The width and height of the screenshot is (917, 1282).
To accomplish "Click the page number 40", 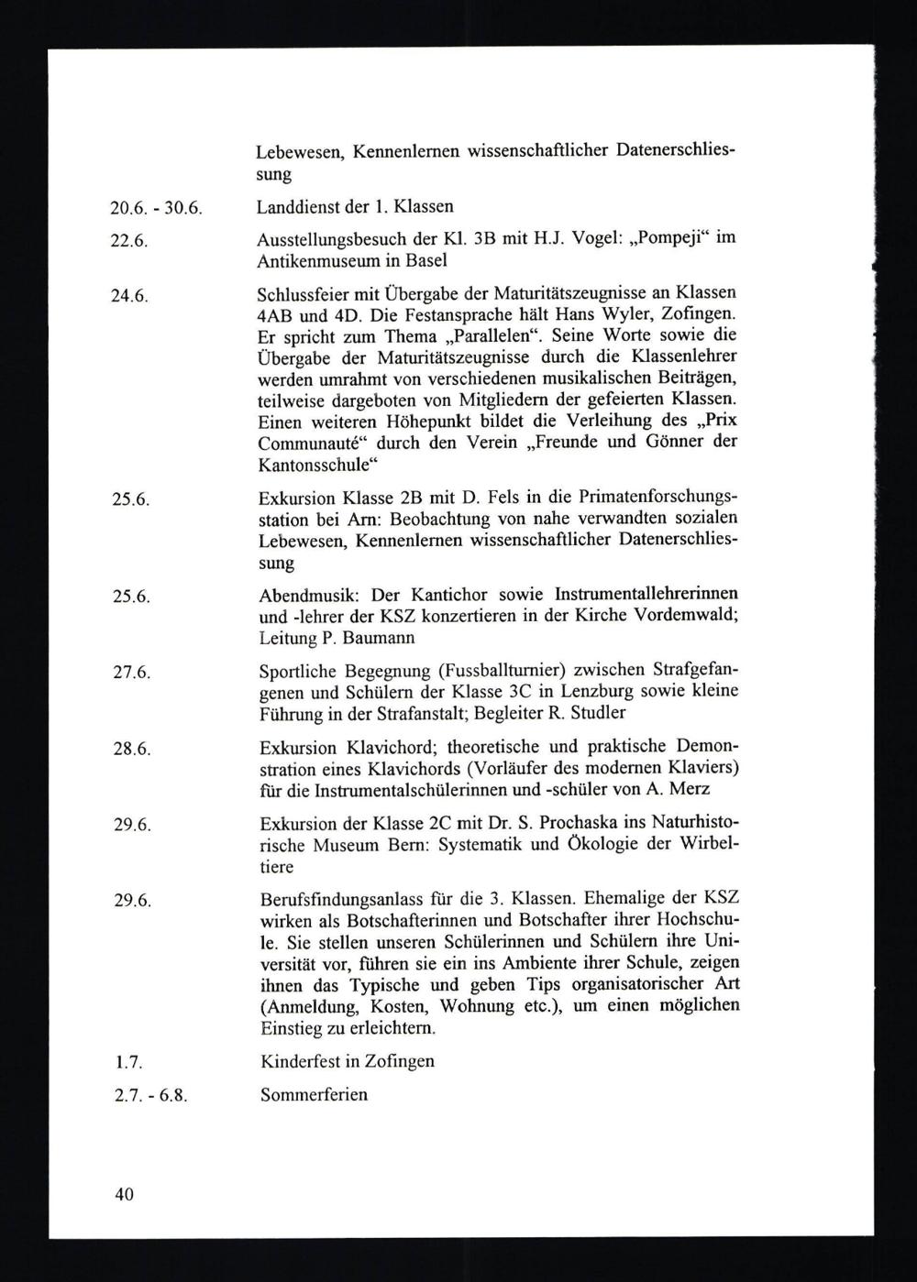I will click(124, 1195).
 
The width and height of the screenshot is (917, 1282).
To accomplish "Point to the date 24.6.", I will click(130, 296).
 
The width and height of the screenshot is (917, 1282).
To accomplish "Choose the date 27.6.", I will click(131, 673).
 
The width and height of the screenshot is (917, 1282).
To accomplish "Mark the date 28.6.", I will click(131, 749).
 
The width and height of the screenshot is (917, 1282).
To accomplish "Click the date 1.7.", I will click(126, 1063).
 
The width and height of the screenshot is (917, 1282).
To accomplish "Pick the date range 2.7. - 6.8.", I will click(150, 1096).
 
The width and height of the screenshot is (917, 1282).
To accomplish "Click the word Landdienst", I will click(295, 206).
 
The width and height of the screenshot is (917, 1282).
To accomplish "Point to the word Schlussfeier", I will click(305, 294).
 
